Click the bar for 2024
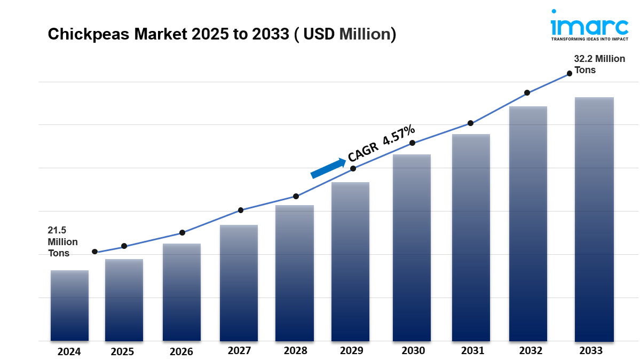[x=69, y=306]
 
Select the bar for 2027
[x=239, y=283]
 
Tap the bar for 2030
[x=412, y=248]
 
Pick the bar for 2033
[x=594, y=219]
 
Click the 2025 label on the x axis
[x=123, y=351]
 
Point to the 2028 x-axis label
[x=295, y=351]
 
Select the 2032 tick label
[x=528, y=351]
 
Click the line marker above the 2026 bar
[x=182, y=233]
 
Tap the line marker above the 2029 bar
[x=353, y=169]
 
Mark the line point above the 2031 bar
[x=470, y=123]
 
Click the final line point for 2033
[x=569, y=73]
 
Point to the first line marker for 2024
[x=94, y=252]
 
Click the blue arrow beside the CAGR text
[x=328, y=168]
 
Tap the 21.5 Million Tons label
[x=62, y=242]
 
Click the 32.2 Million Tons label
[x=599, y=64]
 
